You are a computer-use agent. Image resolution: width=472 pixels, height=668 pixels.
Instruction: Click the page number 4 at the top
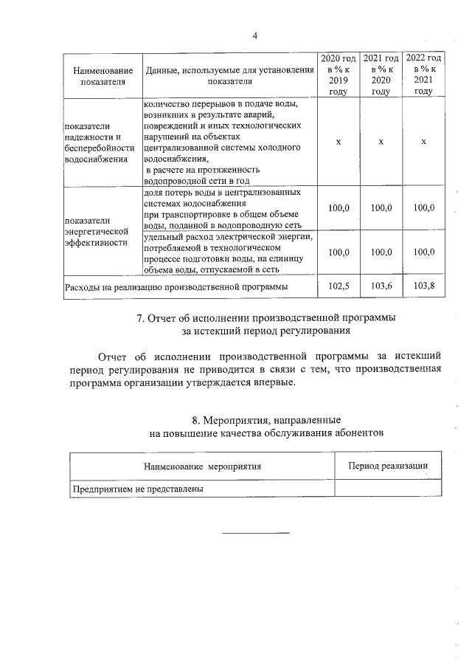(x=254, y=35)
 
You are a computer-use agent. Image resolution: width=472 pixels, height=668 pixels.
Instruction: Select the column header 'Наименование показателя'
(x=103, y=76)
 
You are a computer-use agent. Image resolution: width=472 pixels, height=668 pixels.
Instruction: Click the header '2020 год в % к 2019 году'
(x=338, y=75)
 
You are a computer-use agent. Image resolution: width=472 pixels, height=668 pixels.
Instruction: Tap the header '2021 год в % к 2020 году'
(x=381, y=75)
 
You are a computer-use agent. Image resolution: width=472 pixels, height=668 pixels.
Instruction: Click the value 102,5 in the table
(x=338, y=285)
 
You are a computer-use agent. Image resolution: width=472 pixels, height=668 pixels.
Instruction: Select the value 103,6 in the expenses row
(x=381, y=285)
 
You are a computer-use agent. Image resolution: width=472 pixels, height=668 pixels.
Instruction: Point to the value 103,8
(x=423, y=285)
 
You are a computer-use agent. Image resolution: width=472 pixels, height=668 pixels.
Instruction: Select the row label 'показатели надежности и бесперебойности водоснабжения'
(x=100, y=142)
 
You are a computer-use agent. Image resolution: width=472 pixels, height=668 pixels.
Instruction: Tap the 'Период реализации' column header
(x=388, y=466)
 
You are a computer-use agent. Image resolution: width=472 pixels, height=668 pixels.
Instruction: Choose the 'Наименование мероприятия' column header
(x=203, y=466)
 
